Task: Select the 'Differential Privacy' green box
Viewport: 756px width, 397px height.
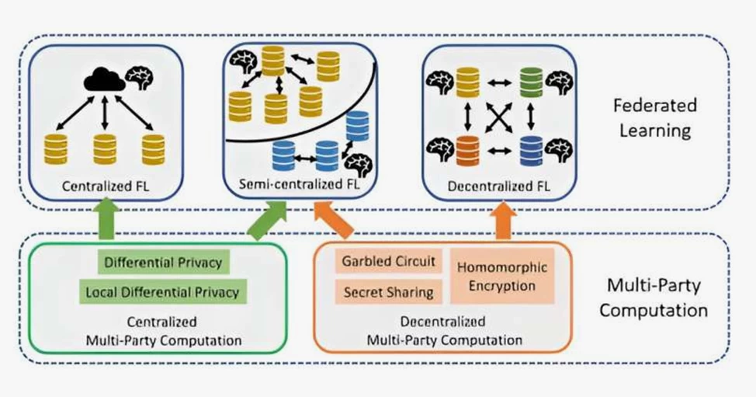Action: tap(163, 262)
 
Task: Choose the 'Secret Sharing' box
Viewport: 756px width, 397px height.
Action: tap(388, 292)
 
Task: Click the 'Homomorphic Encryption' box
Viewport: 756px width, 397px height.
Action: tap(502, 276)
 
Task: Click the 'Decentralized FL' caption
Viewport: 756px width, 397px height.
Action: tap(497, 186)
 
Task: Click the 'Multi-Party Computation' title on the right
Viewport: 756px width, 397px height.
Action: tap(663, 298)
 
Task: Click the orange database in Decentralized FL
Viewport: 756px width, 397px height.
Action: tap(466, 148)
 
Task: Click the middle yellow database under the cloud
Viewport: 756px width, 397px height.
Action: tap(105, 148)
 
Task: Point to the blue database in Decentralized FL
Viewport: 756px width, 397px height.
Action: tap(531, 148)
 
